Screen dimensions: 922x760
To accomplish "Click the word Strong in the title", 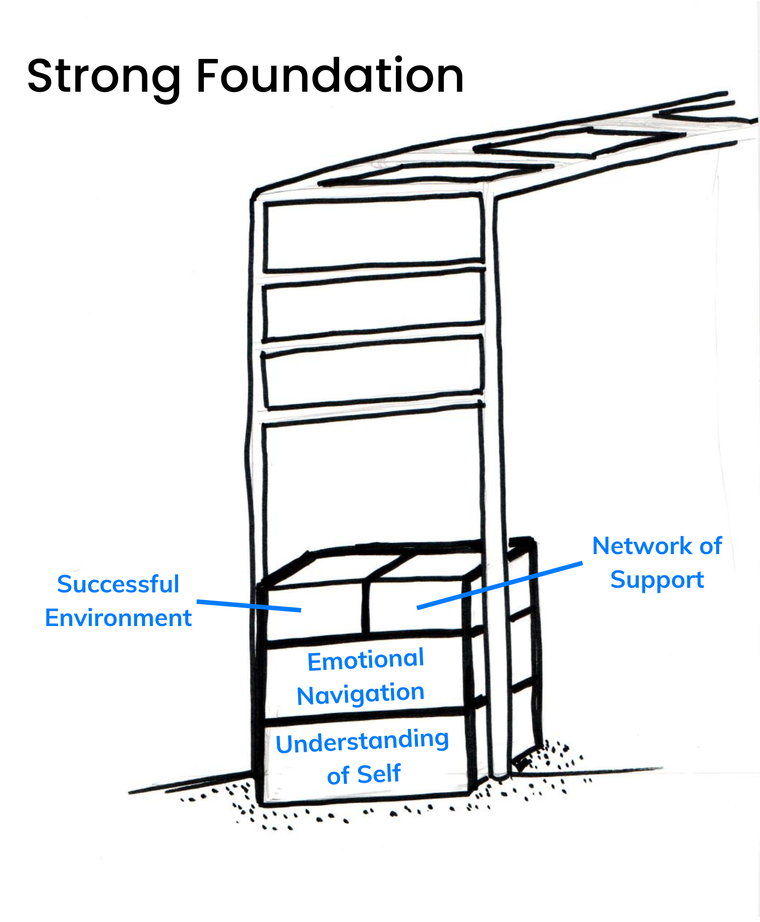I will [x=104, y=77].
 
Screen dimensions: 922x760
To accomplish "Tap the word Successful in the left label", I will [x=118, y=584].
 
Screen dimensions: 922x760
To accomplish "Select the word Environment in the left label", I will [x=118, y=618].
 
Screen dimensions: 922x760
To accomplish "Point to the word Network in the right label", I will [x=642, y=546].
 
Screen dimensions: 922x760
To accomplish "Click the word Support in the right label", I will [x=657, y=580].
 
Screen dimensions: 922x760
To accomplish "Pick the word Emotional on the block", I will [x=365, y=660].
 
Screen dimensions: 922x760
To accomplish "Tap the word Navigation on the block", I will [x=360, y=694].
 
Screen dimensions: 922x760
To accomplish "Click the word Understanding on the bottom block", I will [x=362, y=741].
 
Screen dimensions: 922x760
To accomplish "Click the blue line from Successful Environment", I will [x=249, y=606].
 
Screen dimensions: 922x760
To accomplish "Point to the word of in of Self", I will [x=338, y=775].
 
